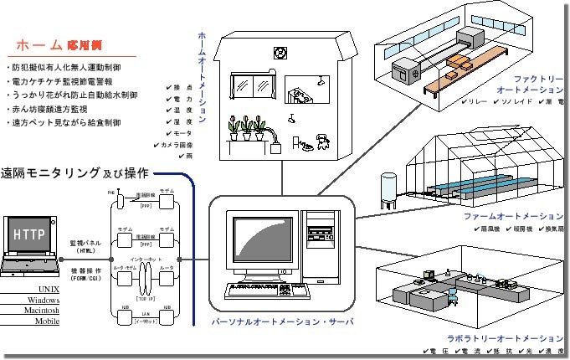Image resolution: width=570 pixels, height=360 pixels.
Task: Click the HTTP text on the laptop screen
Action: click(x=31, y=236)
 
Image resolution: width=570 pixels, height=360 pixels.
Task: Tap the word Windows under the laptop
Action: click(x=38, y=299)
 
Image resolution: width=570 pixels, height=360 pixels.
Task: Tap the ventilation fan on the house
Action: click(x=281, y=52)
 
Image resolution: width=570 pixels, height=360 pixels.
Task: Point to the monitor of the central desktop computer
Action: click(x=264, y=244)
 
